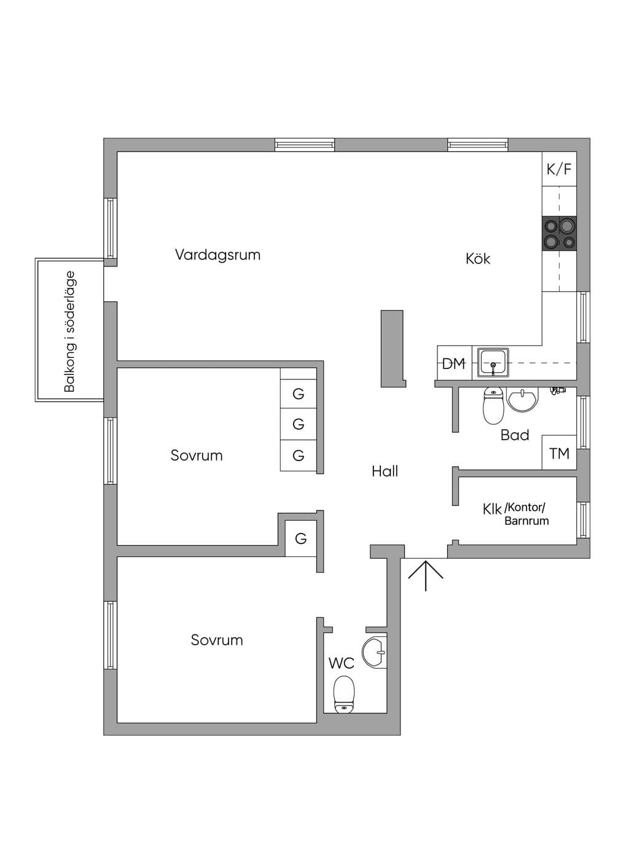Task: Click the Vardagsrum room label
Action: click(x=217, y=255)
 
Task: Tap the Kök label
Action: click(x=477, y=258)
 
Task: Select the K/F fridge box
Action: click(x=559, y=169)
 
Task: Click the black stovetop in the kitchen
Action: click(x=559, y=233)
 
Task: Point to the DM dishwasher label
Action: click(x=454, y=363)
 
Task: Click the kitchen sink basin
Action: click(x=493, y=362)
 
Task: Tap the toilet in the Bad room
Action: click(x=493, y=405)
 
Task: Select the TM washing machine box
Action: click(x=559, y=453)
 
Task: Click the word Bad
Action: click(x=515, y=435)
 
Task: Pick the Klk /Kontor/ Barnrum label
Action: click(x=516, y=515)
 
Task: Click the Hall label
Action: click(x=385, y=471)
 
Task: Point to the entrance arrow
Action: click(x=425, y=575)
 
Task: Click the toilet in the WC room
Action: click(x=343, y=694)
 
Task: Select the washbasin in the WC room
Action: click(x=374, y=652)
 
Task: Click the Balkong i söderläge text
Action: click(x=70, y=332)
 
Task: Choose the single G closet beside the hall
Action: click(x=301, y=538)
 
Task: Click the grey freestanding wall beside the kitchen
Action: click(x=393, y=349)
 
